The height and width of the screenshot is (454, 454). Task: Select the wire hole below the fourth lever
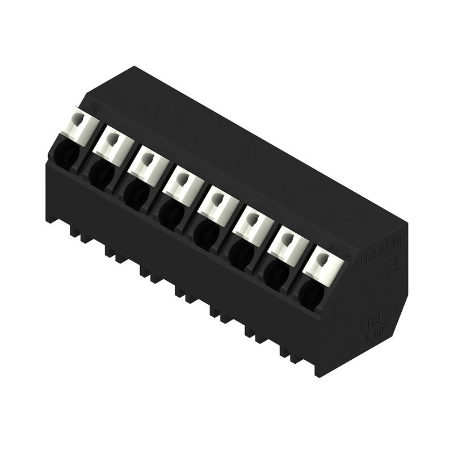(170, 212)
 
